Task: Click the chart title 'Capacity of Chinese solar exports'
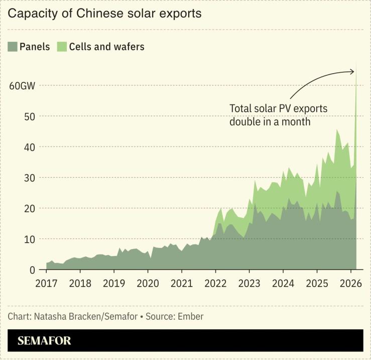coord(104,14)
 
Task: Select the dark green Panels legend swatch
coord(13,47)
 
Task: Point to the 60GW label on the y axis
coord(22,85)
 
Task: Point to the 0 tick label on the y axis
coord(33,270)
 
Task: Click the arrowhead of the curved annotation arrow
coord(352,72)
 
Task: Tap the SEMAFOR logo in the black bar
coord(44,341)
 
